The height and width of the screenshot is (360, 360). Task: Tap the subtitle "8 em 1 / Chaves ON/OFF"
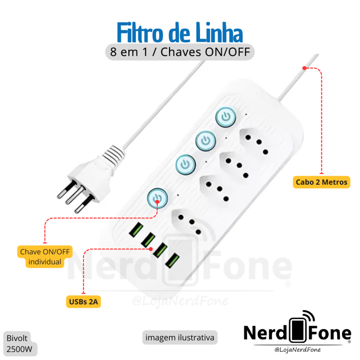click(x=180, y=51)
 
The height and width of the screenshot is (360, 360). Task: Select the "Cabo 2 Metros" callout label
click(x=321, y=182)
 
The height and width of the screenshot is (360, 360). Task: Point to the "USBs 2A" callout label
click(x=83, y=302)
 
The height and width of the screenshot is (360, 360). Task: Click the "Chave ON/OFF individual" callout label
click(x=45, y=257)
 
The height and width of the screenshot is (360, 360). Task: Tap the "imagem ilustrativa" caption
click(x=179, y=337)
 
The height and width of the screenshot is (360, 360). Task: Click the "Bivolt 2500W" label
click(x=20, y=343)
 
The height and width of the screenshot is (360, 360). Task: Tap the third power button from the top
click(x=185, y=164)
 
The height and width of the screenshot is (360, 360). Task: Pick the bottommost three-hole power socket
click(x=186, y=220)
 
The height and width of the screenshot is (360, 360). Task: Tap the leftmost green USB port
click(x=135, y=232)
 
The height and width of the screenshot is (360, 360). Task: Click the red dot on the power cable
click(x=304, y=68)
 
